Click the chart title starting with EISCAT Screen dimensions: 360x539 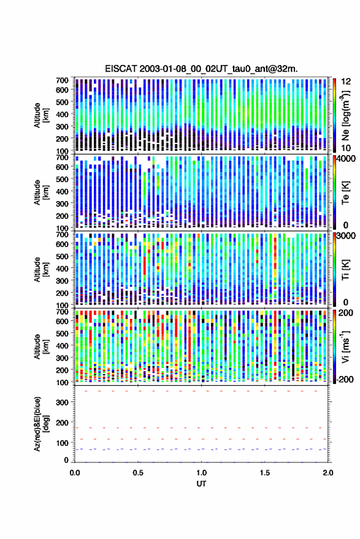[x=201, y=69]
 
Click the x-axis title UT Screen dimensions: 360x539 [x=202, y=484]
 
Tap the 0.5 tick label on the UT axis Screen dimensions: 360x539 [x=138, y=473]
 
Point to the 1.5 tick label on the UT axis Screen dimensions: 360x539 [x=265, y=473]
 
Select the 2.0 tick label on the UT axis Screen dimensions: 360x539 [x=327, y=473]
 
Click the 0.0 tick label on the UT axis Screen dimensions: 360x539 [x=75, y=473]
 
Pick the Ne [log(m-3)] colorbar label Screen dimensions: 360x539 [x=345, y=115]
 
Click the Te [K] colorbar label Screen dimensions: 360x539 [x=345, y=193]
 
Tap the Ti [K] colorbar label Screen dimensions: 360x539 [x=345, y=270]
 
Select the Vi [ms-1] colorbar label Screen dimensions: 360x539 [x=345, y=346]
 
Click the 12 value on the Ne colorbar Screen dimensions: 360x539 [x=346, y=82]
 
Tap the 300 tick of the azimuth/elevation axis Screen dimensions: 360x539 [x=62, y=402]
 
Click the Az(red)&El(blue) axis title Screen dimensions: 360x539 [x=41, y=424]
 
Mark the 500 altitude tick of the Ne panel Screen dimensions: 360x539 [x=62, y=102]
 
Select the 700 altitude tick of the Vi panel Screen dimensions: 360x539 [x=62, y=312]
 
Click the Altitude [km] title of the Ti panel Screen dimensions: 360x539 [x=41, y=270]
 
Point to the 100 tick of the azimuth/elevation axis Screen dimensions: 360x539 [x=62, y=443]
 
